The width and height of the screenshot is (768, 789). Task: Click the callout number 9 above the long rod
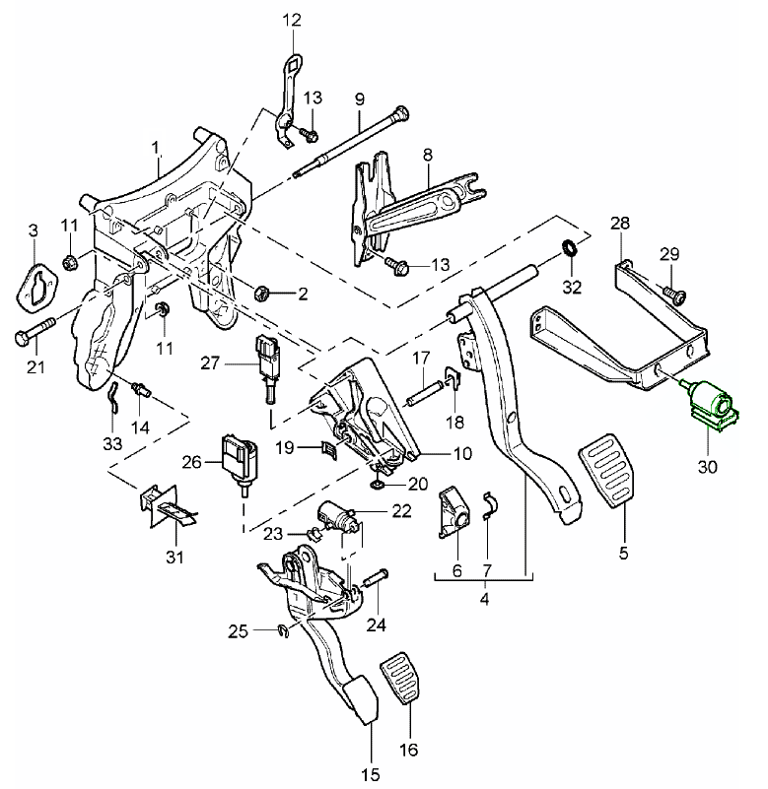click(x=360, y=99)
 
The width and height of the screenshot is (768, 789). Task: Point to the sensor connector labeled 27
click(x=266, y=357)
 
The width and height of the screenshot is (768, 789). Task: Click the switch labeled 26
click(x=241, y=458)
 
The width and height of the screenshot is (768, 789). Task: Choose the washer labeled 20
click(x=381, y=483)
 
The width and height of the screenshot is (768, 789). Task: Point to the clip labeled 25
click(x=281, y=631)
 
